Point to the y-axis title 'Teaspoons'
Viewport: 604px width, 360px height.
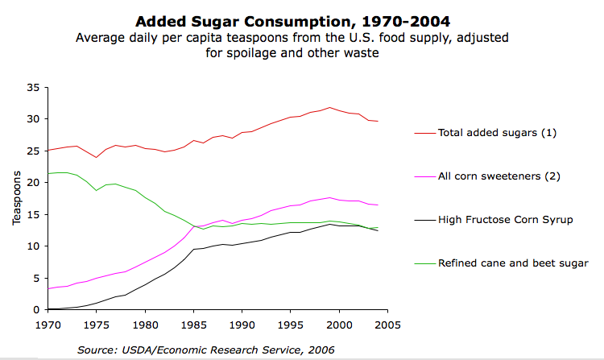[x=17, y=199]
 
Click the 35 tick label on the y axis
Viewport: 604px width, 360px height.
[x=33, y=87]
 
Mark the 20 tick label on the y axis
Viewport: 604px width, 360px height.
[x=33, y=183]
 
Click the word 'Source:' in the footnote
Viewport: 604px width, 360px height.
[x=97, y=350]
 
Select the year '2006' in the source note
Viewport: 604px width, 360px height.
[x=321, y=350]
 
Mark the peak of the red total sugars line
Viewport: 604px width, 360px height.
[x=329, y=107]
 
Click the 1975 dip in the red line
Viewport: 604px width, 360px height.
[x=97, y=157]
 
